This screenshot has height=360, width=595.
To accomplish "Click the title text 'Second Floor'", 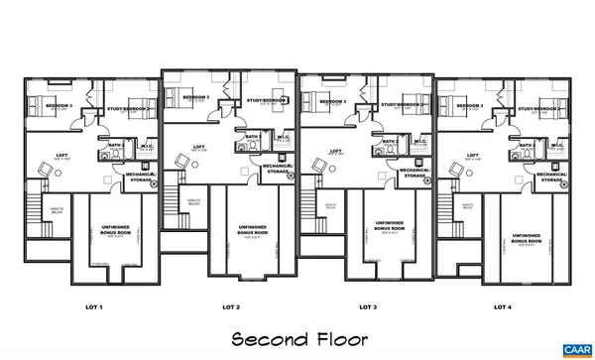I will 297,338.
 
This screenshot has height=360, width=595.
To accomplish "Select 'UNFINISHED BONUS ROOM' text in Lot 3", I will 389,226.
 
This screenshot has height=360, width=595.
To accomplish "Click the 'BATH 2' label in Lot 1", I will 117,145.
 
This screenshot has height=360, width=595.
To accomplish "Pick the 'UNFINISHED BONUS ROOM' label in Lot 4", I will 526,238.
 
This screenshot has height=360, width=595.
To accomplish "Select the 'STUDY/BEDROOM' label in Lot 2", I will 266,100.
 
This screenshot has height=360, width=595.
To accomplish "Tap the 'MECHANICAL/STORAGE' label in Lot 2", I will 277,170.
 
